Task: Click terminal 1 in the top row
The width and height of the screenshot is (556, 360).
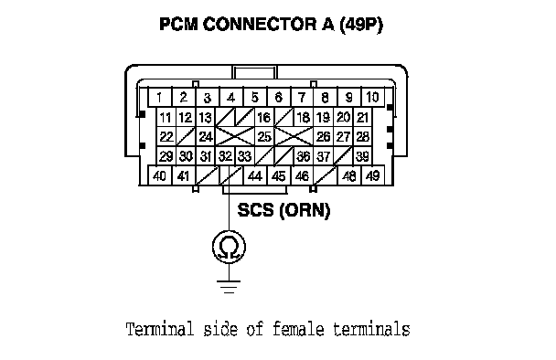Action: click(x=159, y=97)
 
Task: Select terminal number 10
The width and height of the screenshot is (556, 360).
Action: click(x=372, y=97)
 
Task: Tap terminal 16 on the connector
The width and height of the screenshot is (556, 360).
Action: click(x=263, y=117)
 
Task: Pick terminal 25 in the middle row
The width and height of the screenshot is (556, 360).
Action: click(x=264, y=136)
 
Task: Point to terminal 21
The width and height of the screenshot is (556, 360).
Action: click(x=362, y=117)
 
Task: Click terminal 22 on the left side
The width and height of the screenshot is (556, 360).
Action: click(x=166, y=136)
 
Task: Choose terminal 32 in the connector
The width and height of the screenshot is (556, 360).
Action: click(x=225, y=156)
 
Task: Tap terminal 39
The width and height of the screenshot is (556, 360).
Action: click(x=362, y=156)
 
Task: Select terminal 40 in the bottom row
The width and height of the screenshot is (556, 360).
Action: click(x=159, y=175)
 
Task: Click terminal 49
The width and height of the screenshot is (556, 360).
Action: click(x=372, y=175)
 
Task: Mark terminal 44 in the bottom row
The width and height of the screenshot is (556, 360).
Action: click(x=255, y=175)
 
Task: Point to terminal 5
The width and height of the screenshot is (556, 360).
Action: click(x=254, y=97)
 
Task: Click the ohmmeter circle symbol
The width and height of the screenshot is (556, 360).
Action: click(x=229, y=247)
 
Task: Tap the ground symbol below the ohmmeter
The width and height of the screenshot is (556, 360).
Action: click(x=229, y=287)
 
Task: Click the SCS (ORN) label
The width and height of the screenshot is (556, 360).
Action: click(x=283, y=210)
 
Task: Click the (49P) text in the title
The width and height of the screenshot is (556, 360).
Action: click(x=361, y=25)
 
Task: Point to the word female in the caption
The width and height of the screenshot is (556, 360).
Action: click(x=298, y=329)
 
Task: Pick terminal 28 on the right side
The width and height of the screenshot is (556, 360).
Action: click(x=362, y=136)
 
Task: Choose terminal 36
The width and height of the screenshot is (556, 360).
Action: click(x=304, y=156)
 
